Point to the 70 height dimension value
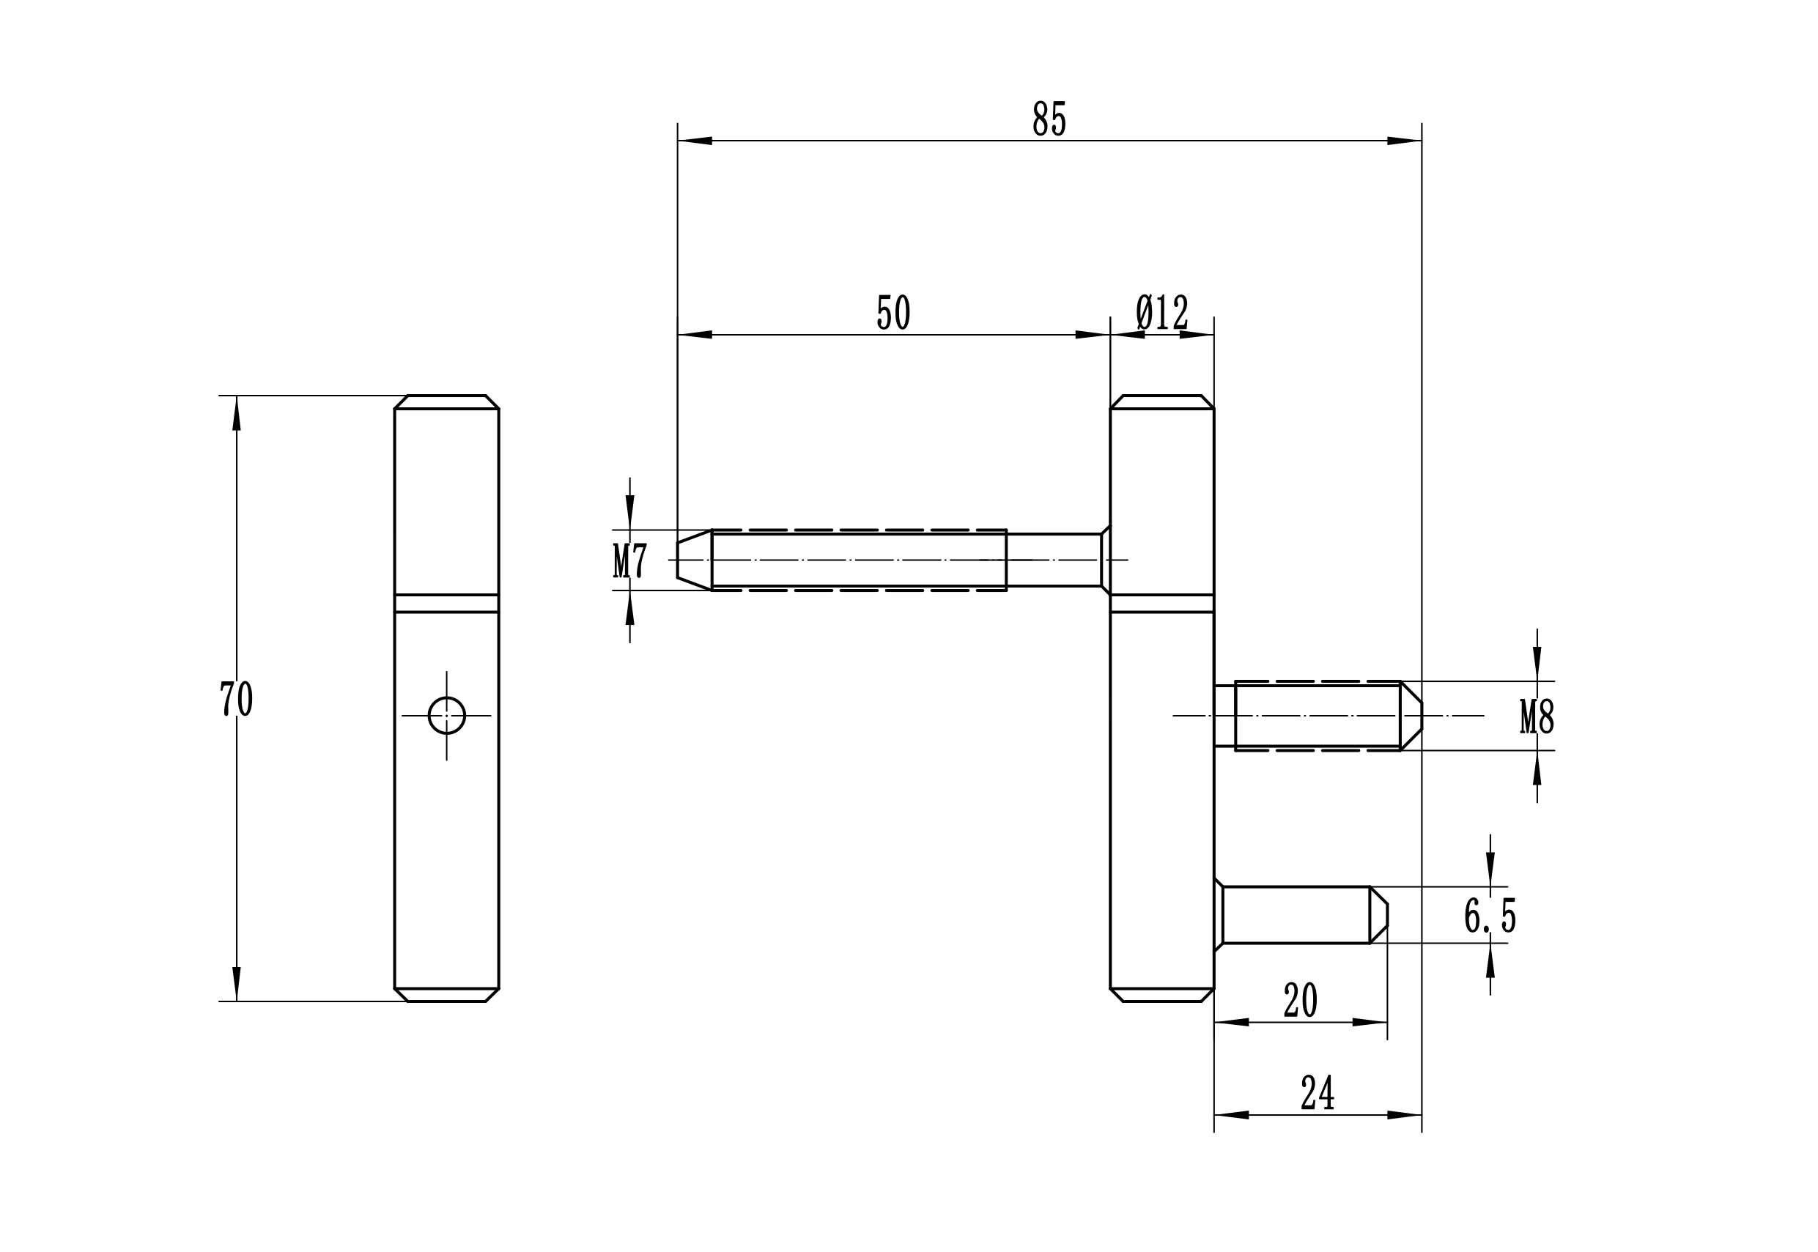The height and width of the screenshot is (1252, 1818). [235, 699]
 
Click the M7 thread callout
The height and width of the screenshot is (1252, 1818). [630, 561]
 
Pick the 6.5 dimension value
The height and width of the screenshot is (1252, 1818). [1489, 916]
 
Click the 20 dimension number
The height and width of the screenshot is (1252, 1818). [1299, 1001]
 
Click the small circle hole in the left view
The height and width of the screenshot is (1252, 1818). [446, 716]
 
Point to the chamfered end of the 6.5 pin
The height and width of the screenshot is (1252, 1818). [1378, 915]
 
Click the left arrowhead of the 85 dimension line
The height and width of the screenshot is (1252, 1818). [695, 141]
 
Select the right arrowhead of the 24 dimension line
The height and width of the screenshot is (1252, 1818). [1405, 1115]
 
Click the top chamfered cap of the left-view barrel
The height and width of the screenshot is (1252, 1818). [446, 401]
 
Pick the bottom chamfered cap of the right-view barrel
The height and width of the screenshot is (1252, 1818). [1161, 995]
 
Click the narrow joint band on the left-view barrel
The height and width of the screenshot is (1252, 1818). [446, 602]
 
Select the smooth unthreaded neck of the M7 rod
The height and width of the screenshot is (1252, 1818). [1053, 560]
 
